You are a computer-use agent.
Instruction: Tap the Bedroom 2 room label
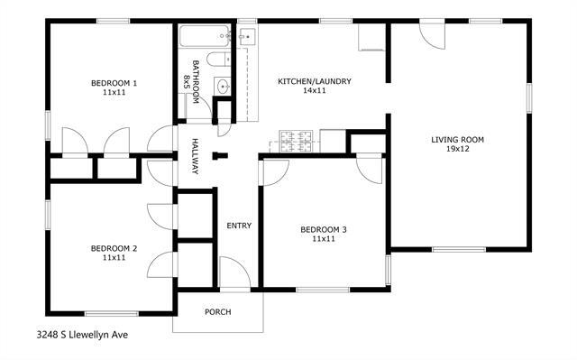click(x=114, y=248)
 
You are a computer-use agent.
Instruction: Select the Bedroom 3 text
click(x=324, y=230)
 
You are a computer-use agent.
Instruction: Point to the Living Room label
click(x=457, y=139)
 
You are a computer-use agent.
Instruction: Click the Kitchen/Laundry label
click(x=314, y=82)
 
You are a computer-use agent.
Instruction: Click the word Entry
click(x=239, y=226)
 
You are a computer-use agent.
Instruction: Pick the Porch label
click(x=217, y=312)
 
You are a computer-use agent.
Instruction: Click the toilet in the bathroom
click(x=215, y=60)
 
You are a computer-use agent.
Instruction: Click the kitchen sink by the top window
click(x=247, y=37)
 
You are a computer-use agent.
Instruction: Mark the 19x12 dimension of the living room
click(x=457, y=151)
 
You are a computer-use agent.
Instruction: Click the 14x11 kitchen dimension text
click(x=314, y=92)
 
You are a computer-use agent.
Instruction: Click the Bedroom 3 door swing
click(x=371, y=170)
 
